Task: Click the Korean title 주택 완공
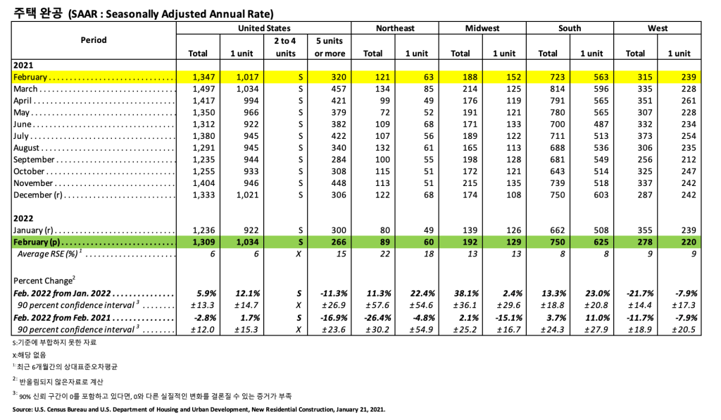[x=35, y=12]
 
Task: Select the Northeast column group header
[x=395, y=28]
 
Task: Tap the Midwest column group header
[x=482, y=28]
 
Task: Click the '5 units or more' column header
[x=330, y=47]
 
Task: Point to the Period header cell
[x=94, y=40]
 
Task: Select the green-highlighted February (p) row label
[x=42, y=242]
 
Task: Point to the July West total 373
[x=635, y=136]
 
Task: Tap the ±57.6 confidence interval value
[x=371, y=305]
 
